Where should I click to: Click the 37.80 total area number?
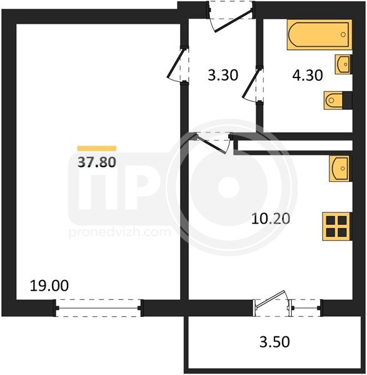97,162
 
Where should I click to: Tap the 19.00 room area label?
49,286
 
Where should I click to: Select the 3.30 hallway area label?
223,75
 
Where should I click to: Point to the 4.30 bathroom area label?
308,75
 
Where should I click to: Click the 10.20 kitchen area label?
271,219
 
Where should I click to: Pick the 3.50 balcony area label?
274,341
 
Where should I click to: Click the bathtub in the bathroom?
319,34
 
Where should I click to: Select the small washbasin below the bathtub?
343,64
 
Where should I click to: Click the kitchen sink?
339,169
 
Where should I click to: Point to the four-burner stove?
336,226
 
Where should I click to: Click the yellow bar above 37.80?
97,148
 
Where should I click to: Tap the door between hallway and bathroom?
253,84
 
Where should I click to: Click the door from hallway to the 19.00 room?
178,64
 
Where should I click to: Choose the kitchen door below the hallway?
213,142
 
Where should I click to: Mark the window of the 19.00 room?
99,308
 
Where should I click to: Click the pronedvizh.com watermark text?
119,232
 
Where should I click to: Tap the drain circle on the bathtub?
343,34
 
